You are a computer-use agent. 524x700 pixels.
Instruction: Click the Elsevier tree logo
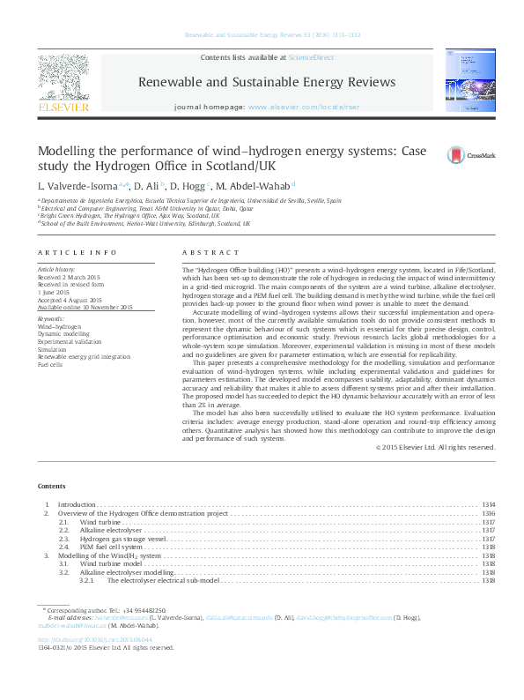63,78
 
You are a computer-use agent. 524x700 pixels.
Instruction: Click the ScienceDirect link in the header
311,57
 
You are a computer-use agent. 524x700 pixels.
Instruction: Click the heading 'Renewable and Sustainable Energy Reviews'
267,82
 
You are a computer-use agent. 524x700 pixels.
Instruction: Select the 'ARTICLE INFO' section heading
77,252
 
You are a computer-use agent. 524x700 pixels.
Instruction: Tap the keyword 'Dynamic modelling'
63,334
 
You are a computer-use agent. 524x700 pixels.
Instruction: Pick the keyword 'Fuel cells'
50,363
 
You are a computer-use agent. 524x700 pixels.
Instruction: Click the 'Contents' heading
51,486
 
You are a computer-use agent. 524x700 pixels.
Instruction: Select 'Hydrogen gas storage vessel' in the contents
123,539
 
